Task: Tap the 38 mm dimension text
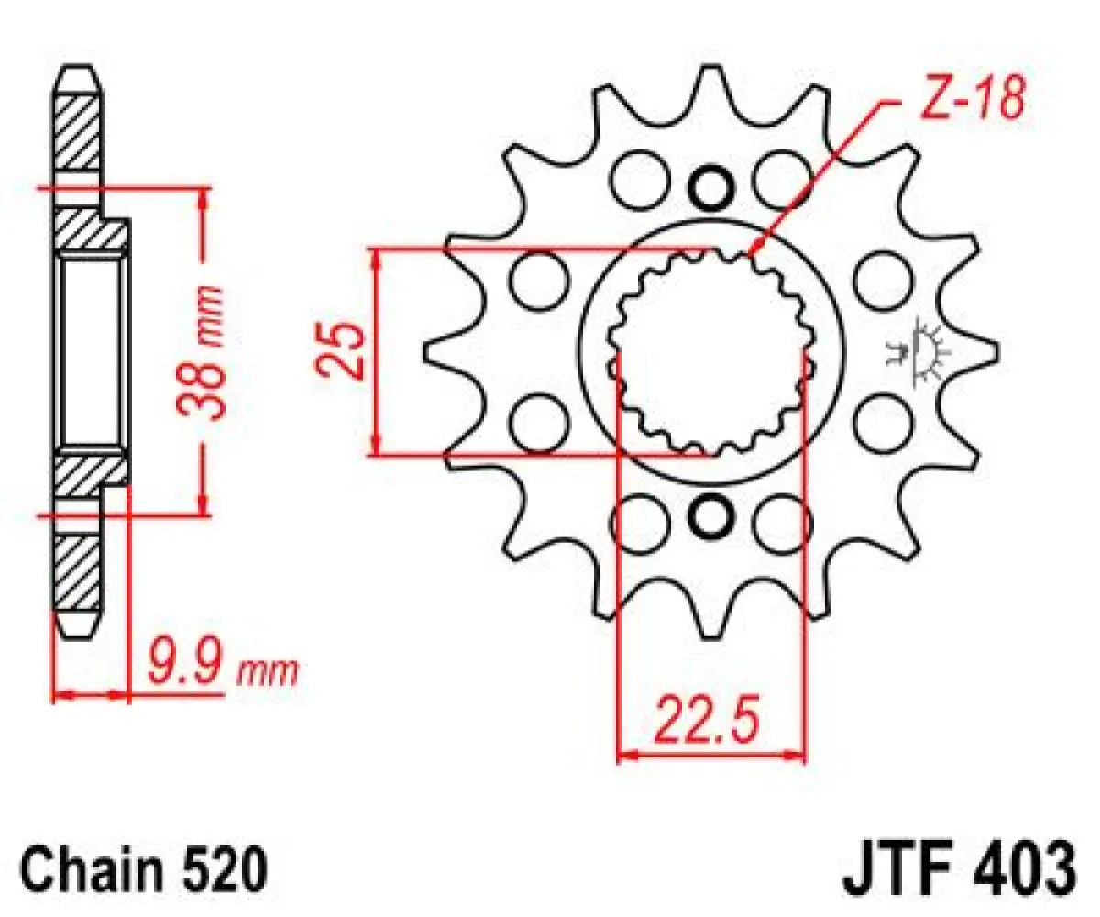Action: click(x=203, y=352)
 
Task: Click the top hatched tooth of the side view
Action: click(x=77, y=128)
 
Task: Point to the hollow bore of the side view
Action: click(x=91, y=353)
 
